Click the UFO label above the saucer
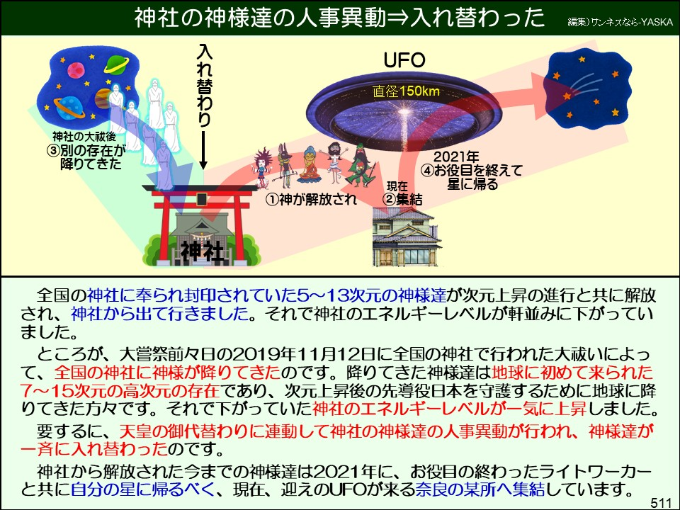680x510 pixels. (x=404, y=60)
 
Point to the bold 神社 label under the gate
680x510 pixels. (x=201, y=250)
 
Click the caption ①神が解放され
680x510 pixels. (x=311, y=199)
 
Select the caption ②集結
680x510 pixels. (x=398, y=199)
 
